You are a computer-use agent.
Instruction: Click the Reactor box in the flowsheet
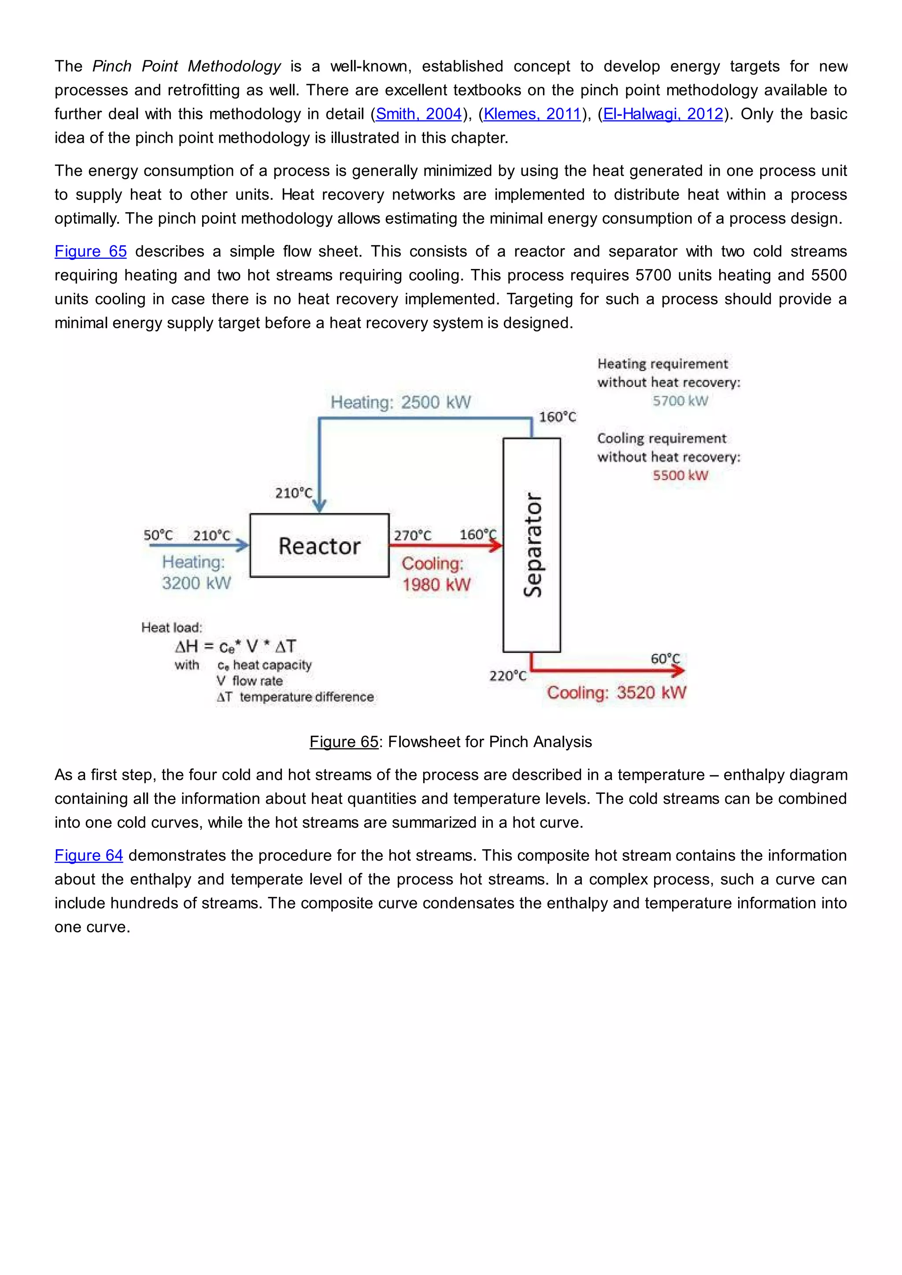point(319,545)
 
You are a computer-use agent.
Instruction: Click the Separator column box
point(532,545)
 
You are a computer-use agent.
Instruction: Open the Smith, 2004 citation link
point(419,114)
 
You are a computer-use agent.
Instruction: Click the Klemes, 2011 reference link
point(532,114)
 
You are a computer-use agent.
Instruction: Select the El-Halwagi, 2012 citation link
point(663,114)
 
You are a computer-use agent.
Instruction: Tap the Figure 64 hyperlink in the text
point(89,855)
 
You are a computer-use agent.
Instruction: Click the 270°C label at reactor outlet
point(412,535)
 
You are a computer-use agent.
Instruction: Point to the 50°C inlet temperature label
point(158,535)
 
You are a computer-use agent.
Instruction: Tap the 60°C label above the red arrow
point(665,659)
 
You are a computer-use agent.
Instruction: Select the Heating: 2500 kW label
point(400,402)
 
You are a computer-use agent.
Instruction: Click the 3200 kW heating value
point(196,583)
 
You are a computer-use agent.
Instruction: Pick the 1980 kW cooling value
point(436,585)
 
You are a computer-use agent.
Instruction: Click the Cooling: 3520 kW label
point(617,693)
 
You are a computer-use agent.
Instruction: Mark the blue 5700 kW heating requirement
point(680,401)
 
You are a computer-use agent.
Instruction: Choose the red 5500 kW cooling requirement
point(680,475)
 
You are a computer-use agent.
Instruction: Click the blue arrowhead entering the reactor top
point(319,505)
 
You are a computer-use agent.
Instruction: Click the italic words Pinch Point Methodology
point(187,66)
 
